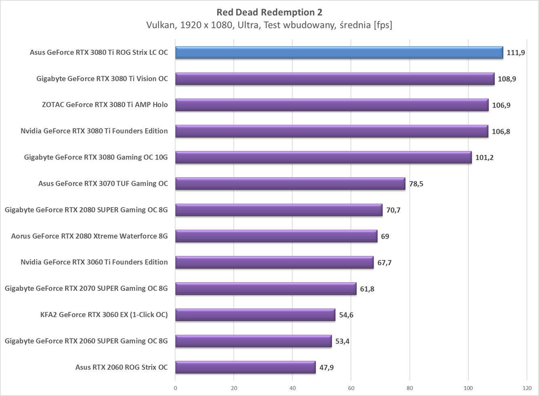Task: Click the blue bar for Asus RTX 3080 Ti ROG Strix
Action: [x=339, y=53]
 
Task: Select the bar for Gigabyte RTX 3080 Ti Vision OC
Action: [x=335, y=79]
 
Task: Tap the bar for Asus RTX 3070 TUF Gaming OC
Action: [x=290, y=184]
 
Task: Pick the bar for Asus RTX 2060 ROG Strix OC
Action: [x=245, y=367]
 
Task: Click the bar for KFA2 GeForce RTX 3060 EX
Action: [x=255, y=315]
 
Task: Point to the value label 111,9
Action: [x=516, y=53]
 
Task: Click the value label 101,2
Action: [x=484, y=157]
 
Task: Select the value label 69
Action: [x=385, y=236]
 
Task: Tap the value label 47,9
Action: [x=326, y=368]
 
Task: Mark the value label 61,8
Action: [x=367, y=289]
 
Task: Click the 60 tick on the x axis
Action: [x=351, y=388]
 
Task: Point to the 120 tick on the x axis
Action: [x=527, y=388]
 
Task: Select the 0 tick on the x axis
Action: [x=175, y=388]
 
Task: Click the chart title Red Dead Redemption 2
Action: [x=269, y=12]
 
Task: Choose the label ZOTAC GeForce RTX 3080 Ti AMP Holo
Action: [x=105, y=105]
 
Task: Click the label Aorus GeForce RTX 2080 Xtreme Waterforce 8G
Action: [x=89, y=236]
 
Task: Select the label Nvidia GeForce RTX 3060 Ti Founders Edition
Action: [x=94, y=262]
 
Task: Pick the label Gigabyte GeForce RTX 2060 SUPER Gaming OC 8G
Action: [x=86, y=341]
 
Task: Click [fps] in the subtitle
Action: [x=383, y=25]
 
